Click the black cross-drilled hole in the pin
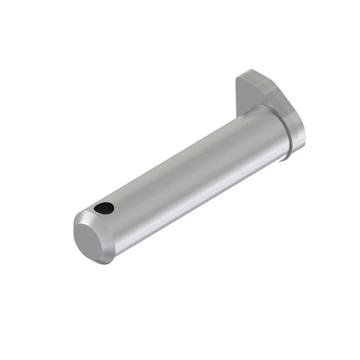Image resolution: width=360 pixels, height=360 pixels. (x=104, y=208)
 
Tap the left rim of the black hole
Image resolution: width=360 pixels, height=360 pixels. (x=97, y=209)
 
